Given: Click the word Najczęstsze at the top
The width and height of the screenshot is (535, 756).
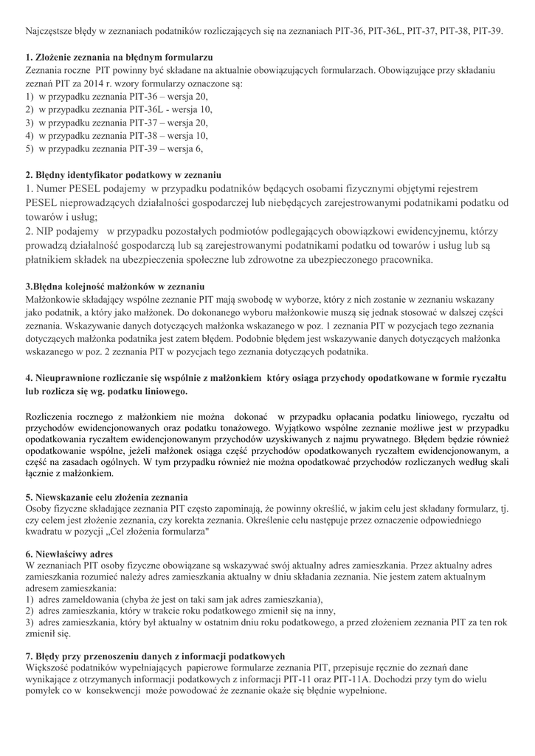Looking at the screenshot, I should tap(50, 32).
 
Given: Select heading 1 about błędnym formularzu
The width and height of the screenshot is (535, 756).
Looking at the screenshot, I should tap(120, 56).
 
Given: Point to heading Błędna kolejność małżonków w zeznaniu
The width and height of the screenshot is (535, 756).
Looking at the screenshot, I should tap(115, 286).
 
